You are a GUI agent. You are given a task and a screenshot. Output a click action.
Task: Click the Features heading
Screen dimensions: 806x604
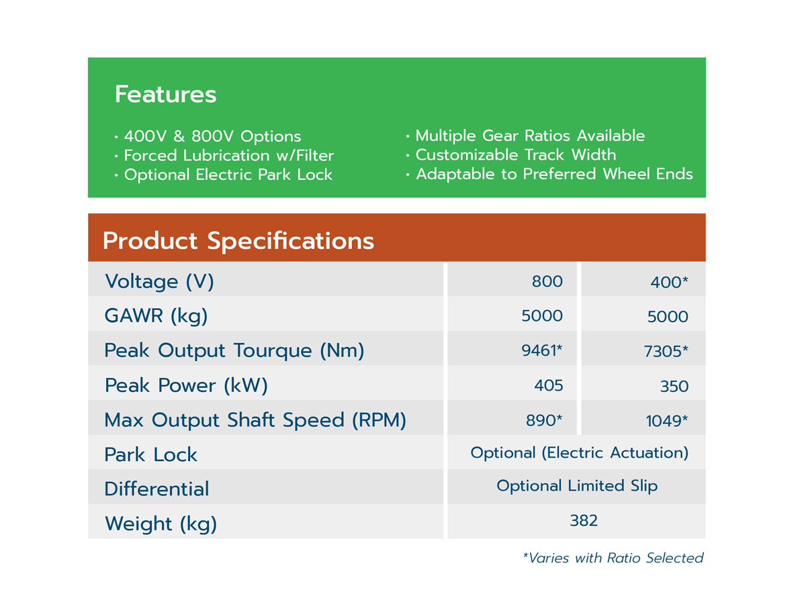tap(166, 94)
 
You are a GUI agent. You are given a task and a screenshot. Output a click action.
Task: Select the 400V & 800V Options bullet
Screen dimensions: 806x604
tap(208, 136)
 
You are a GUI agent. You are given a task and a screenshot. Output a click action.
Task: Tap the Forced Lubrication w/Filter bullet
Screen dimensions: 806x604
tap(224, 156)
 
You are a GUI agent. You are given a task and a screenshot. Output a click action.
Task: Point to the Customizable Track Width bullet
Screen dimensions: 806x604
tap(510, 155)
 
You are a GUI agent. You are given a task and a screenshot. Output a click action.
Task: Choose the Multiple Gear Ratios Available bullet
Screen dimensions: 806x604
tap(525, 136)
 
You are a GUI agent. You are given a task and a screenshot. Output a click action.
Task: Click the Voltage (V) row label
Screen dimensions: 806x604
tap(159, 283)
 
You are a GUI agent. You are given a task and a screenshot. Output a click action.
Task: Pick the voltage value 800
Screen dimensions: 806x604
tap(547, 282)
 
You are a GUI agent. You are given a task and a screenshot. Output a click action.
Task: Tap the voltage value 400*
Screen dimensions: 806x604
tap(669, 283)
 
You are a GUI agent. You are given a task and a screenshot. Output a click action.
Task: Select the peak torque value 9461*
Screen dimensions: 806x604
tap(542, 350)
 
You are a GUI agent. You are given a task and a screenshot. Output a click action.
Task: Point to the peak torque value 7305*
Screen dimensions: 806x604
tap(666, 351)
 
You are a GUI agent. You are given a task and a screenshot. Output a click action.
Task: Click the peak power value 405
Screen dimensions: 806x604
tap(549, 385)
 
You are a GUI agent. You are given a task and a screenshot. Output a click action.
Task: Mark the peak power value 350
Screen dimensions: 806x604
tap(674, 387)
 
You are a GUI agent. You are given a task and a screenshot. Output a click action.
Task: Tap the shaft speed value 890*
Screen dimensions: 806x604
tap(544, 420)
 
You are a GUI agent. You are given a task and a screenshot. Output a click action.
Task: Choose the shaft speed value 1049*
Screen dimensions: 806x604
tap(667, 421)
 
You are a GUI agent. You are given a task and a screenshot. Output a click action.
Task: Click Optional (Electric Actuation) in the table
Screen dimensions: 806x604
tap(580, 453)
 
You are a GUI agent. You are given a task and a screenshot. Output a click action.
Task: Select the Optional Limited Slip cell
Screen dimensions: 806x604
tap(577, 487)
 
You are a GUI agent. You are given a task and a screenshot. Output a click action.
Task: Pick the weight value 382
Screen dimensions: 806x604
tap(584, 520)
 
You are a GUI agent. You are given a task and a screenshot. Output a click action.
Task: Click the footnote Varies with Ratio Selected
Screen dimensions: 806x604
tap(613, 558)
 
